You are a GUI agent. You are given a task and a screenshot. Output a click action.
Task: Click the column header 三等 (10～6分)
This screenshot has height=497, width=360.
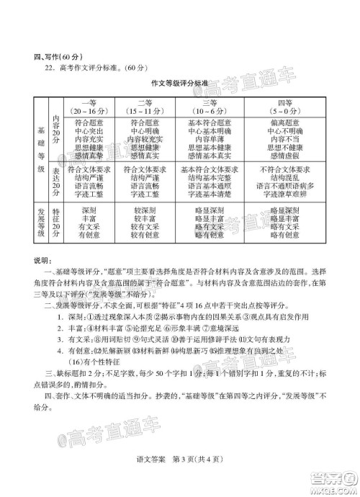[x=210, y=107]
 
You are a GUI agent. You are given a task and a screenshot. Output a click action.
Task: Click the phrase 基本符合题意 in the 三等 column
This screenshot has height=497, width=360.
[x=210, y=123]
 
